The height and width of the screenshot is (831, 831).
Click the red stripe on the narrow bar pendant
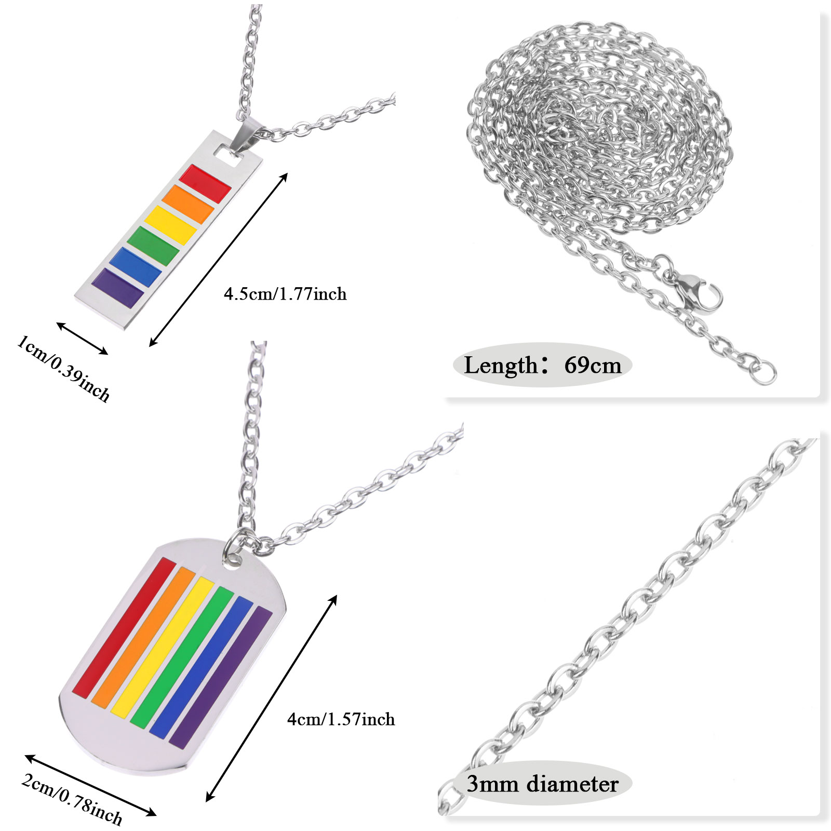pyautogui.click(x=205, y=184)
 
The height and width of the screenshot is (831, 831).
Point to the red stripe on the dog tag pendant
pyautogui.click(x=123, y=626)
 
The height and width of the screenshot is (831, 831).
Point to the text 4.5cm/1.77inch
pyautogui.click(x=285, y=294)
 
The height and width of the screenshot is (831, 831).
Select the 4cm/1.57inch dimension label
pyautogui.click(x=341, y=719)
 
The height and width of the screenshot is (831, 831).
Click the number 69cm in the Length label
pyautogui.click(x=593, y=365)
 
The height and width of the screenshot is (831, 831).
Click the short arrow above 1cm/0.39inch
pyautogui.click(x=82, y=339)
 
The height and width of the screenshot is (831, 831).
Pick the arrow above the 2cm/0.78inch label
pyautogui.click(x=90, y=785)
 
